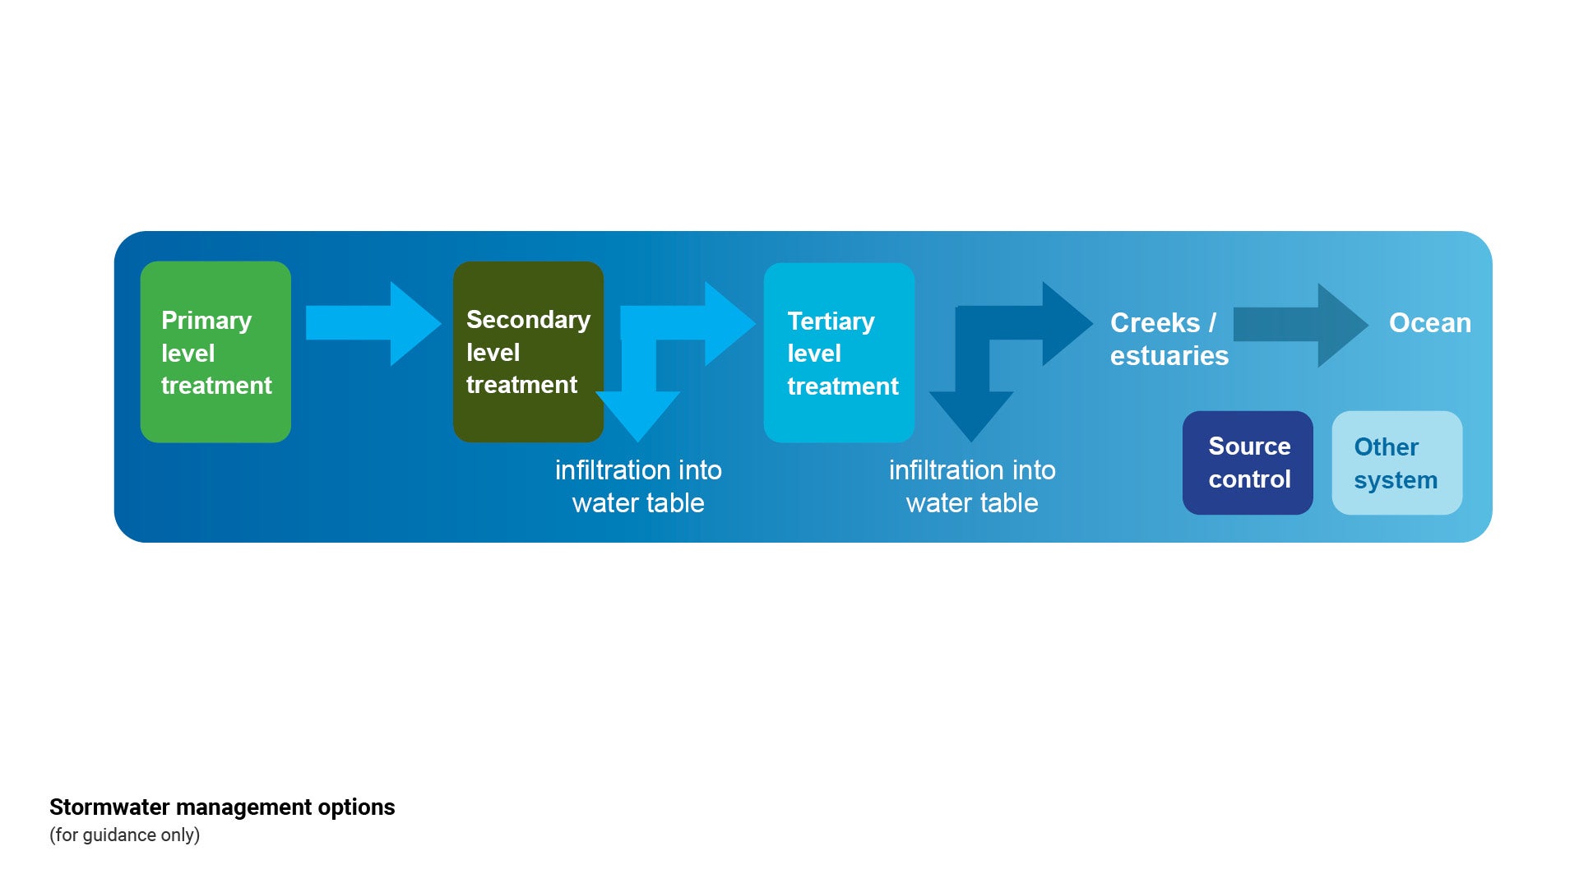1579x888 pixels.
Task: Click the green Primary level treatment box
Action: coord(215,352)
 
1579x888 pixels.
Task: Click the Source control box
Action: coord(1248,463)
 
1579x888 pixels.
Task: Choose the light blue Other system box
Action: coord(1396,463)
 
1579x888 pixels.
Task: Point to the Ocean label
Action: coord(1429,323)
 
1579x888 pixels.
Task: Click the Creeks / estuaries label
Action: coord(1169,339)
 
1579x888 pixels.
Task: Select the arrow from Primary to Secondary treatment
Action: coord(373,323)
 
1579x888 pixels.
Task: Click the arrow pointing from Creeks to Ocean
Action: coord(1299,325)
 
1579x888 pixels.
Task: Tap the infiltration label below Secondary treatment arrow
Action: coord(638,486)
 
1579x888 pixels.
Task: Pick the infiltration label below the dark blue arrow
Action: coord(972,486)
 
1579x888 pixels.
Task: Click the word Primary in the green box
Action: coord(206,321)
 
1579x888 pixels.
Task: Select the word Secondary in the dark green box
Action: coord(528,320)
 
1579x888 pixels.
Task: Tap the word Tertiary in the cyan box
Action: coord(831,321)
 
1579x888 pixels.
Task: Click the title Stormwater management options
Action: coord(222,807)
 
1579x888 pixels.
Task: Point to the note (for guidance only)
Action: coord(124,835)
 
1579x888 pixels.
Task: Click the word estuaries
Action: coord(1169,356)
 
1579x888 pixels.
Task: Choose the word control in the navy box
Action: coord(1249,479)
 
